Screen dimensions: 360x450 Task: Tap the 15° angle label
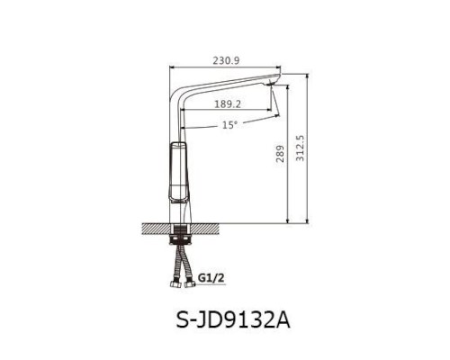point(229,125)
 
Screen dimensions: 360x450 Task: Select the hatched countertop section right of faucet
point(209,227)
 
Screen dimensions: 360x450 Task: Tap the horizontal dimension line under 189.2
point(225,112)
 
